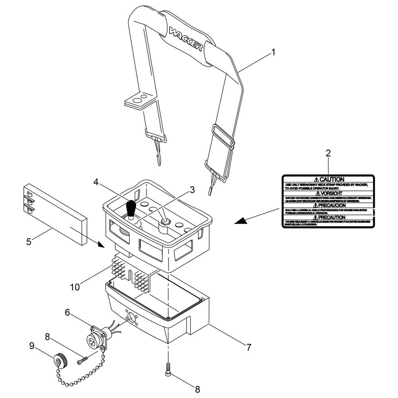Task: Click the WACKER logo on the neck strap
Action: point(186,39)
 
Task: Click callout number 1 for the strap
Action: point(273,52)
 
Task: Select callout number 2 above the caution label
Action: point(328,153)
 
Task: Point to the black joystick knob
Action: point(131,207)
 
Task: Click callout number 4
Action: point(96,182)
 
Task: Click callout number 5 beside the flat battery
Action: point(29,242)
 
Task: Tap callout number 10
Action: point(75,286)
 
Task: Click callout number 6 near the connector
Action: point(68,313)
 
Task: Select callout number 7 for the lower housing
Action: point(248,347)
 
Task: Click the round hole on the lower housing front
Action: point(130,318)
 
